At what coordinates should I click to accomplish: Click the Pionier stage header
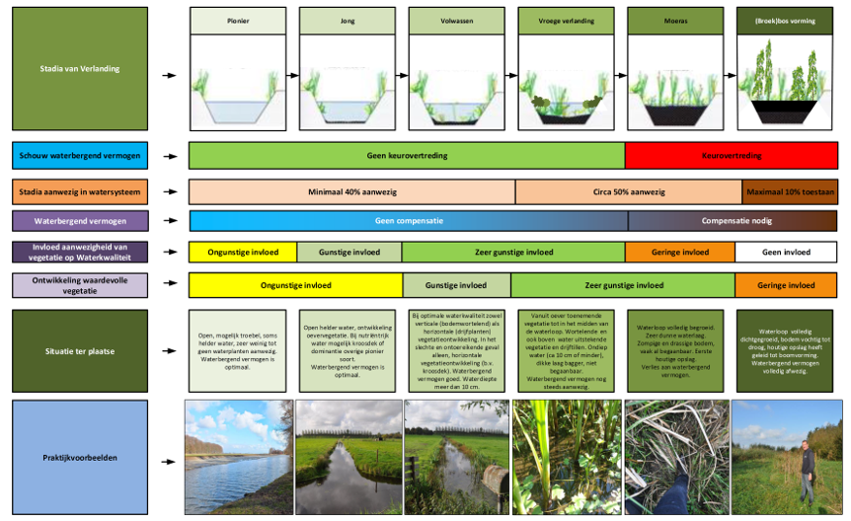click(x=238, y=20)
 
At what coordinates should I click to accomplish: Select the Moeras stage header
click(x=676, y=20)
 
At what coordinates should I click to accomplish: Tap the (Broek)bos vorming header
click(x=786, y=20)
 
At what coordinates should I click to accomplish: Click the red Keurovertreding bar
click(x=731, y=155)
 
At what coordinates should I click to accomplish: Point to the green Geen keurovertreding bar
click(x=406, y=155)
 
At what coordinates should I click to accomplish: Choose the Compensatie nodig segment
click(x=732, y=220)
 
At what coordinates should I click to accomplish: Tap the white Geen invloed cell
click(x=786, y=252)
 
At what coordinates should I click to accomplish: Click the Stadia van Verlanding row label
click(x=80, y=69)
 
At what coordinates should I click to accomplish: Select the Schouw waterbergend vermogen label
click(x=80, y=156)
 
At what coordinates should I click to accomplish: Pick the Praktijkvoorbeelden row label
click(x=80, y=457)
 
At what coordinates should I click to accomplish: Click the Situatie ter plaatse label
click(x=80, y=350)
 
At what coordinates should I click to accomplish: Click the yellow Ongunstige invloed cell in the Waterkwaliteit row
click(x=242, y=252)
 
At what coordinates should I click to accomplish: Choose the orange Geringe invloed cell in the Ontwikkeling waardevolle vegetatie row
click(x=786, y=285)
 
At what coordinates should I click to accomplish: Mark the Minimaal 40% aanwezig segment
click(x=351, y=191)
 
